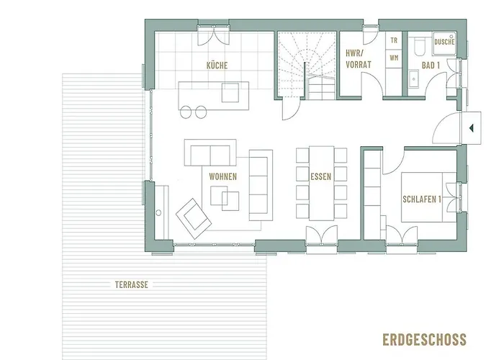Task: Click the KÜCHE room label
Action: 217,66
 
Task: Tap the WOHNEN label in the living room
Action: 223,176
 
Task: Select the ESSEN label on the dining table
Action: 320,176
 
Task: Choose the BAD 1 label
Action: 431,66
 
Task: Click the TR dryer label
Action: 394,42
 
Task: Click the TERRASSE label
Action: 131,284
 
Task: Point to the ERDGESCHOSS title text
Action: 426,339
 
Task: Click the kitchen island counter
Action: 213,93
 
